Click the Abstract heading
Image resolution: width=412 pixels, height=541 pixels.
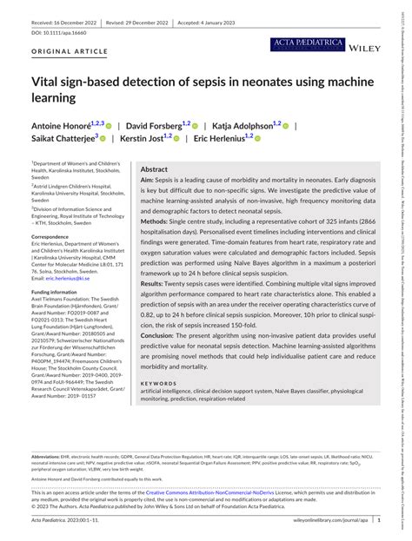[155, 145]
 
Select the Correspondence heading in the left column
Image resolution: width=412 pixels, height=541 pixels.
[55, 237]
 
